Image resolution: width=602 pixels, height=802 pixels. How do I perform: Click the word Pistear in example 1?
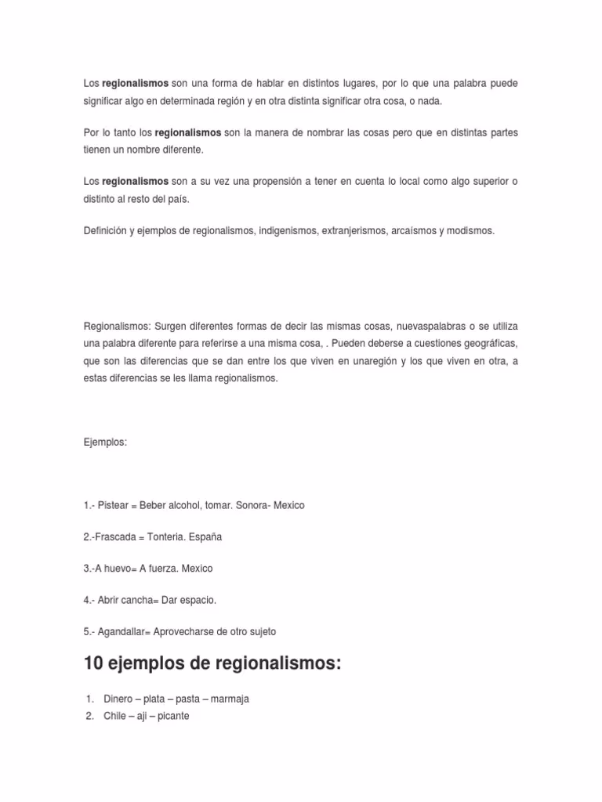point(113,505)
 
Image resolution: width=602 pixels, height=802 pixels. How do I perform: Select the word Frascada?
point(114,536)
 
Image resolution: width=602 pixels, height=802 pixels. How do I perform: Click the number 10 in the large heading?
point(94,664)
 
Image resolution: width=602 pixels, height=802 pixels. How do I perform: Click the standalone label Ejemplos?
point(105,443)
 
